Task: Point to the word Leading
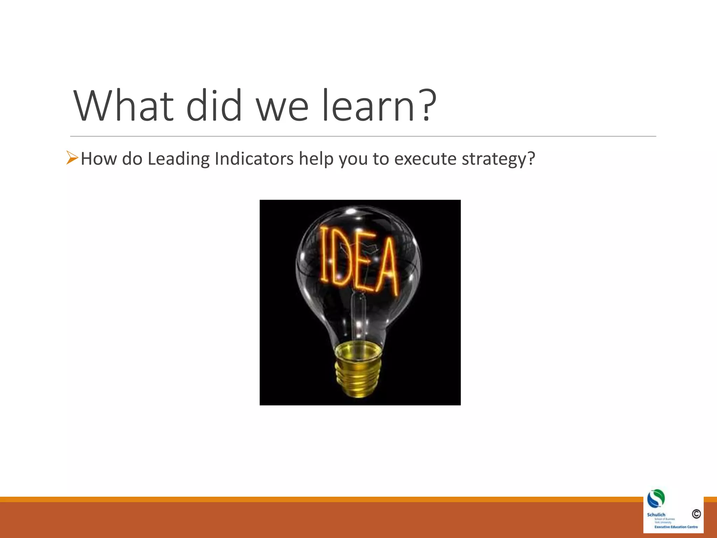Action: coord(178,159)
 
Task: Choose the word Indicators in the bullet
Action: coord(254,159)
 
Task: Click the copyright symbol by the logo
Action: coord(696,514)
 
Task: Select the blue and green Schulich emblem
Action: coord(656,498)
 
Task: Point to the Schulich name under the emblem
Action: coord(656,515)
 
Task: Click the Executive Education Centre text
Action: coord(676,527)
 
